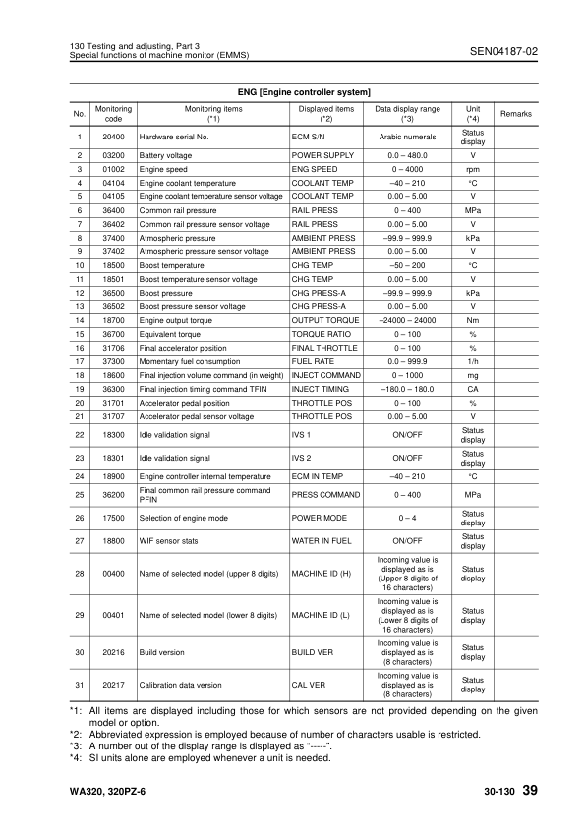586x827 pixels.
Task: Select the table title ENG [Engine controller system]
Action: pos(297,91)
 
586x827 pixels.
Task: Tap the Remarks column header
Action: pos(515,114)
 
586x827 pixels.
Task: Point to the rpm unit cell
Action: pos(472,169)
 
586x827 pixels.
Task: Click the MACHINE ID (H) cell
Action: pos(322,574)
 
